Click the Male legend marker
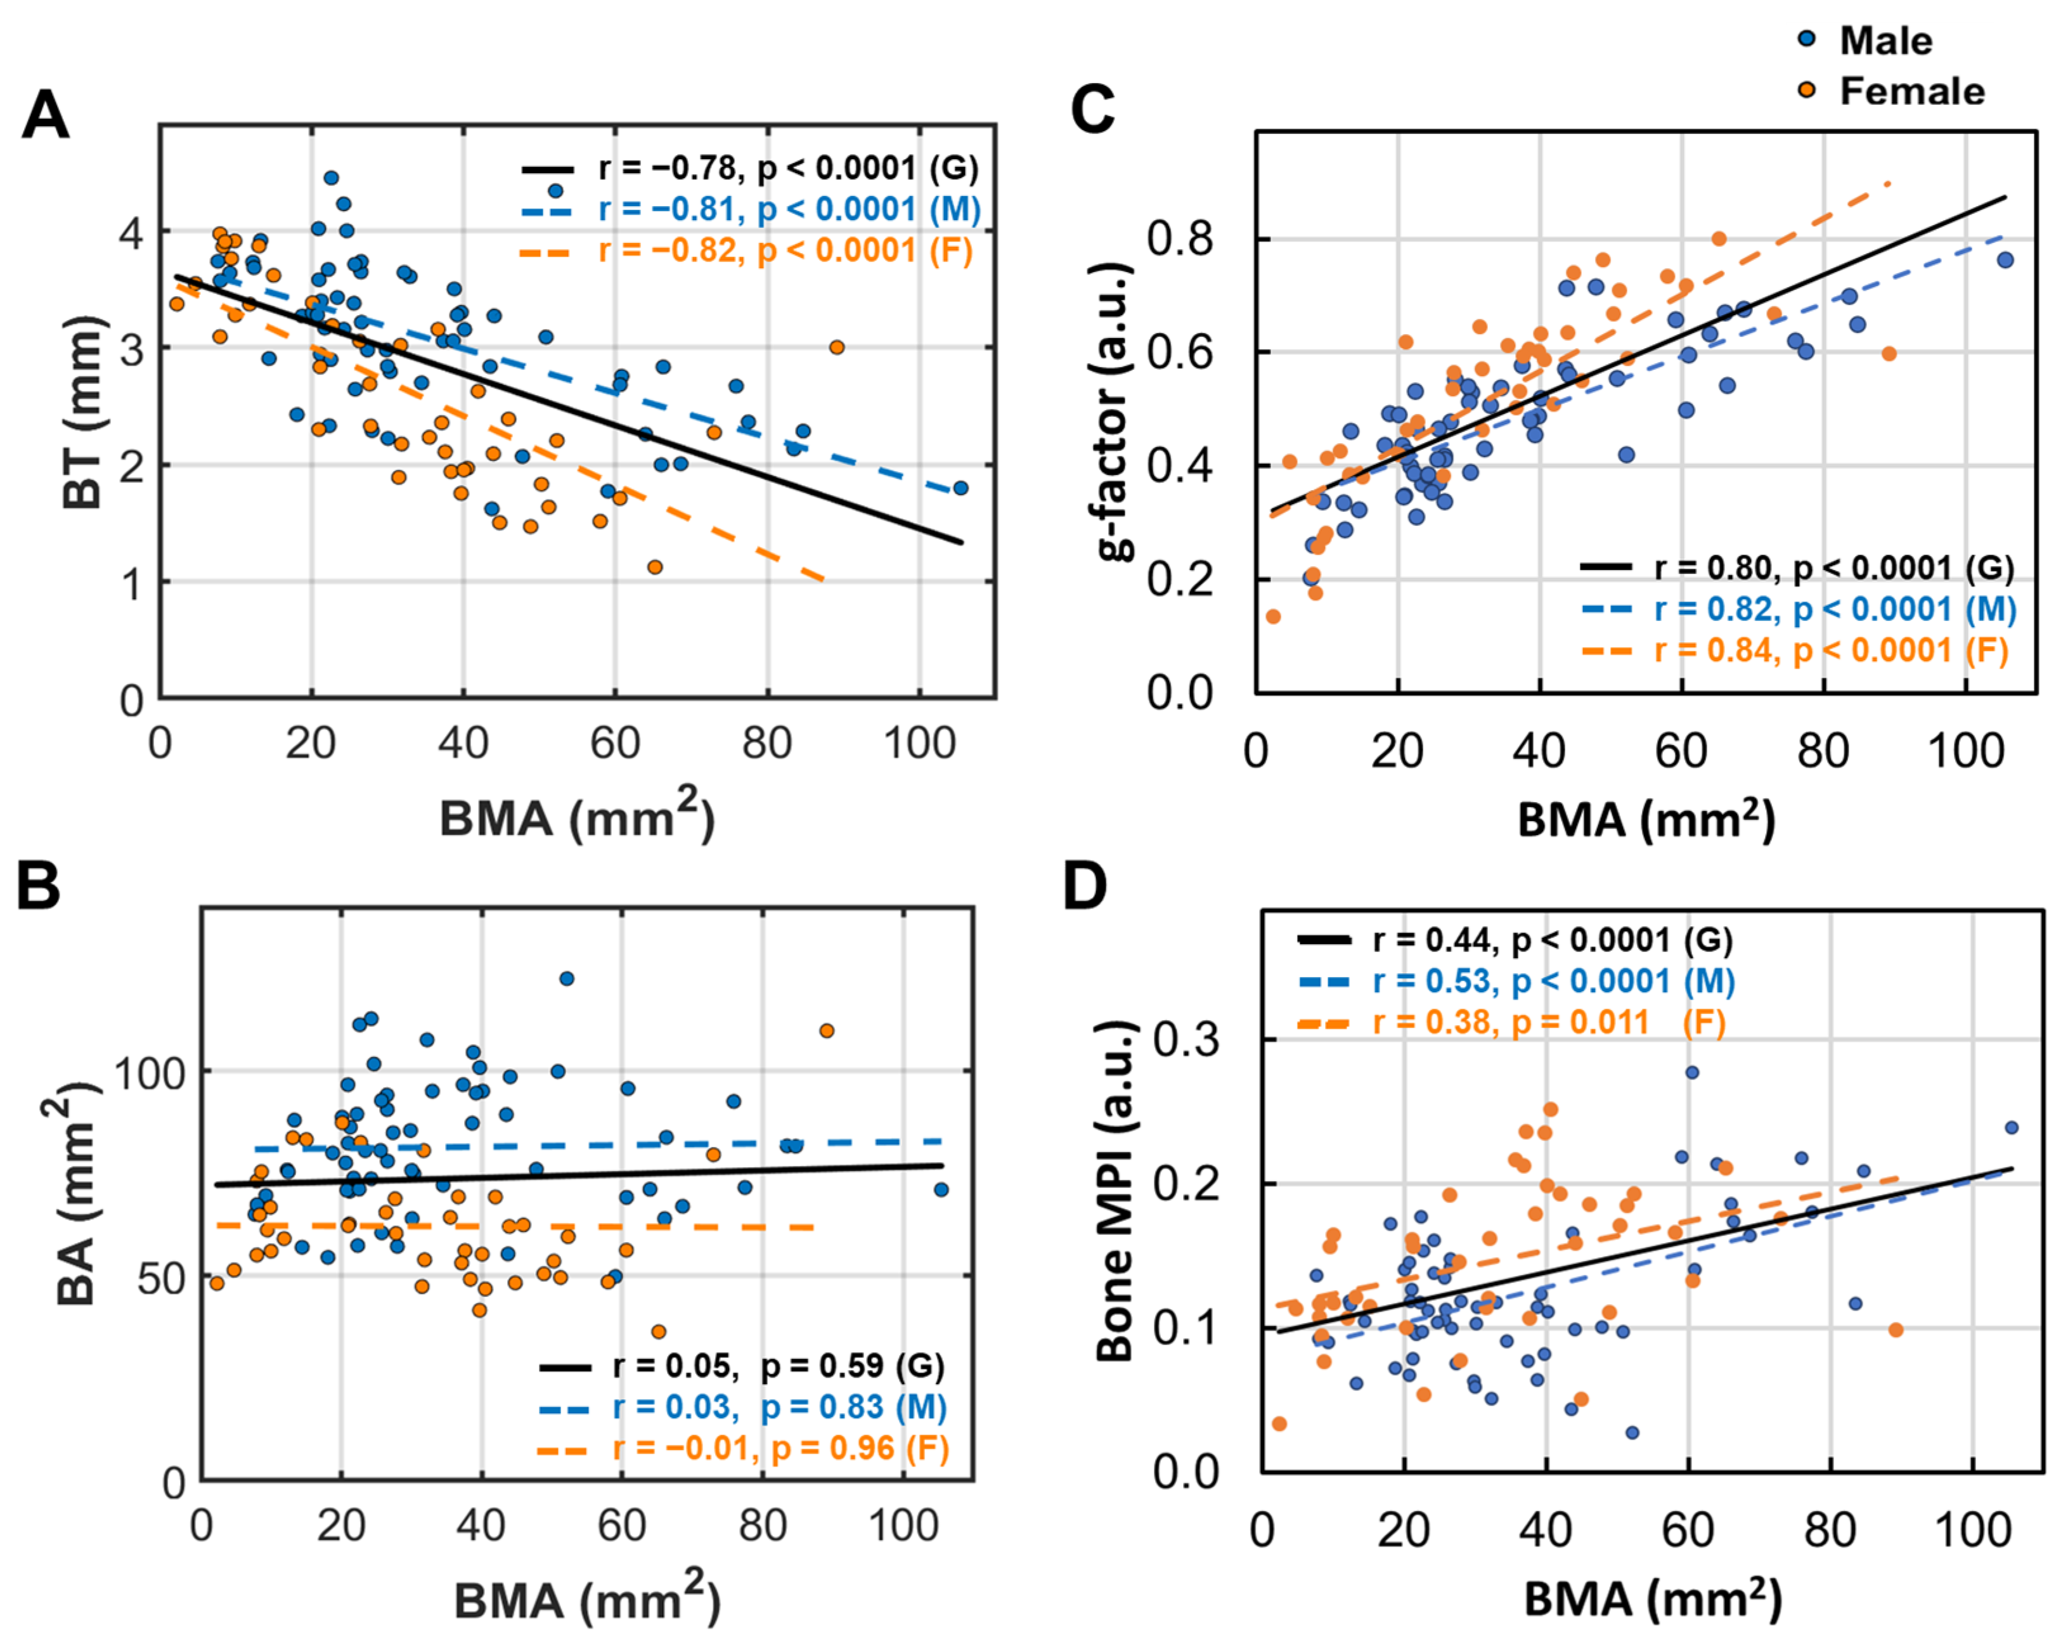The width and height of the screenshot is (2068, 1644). [x=1807, y=39]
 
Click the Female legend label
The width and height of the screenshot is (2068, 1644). [x=1911, y=91]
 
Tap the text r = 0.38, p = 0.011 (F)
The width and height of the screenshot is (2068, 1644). [x=1548, y=1023]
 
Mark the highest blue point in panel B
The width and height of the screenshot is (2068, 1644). [x=567, y=978]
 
